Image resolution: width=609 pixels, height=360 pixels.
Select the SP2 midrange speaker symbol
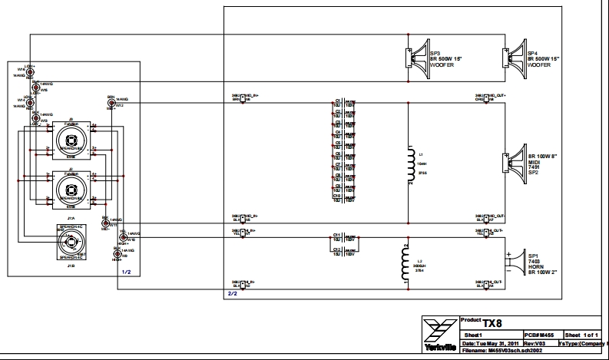point(514,162)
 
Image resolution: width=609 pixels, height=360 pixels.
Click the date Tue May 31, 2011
point(492,343)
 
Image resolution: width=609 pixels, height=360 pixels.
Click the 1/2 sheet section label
point(127,272)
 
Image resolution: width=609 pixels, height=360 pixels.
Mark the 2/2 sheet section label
point(232,293)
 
